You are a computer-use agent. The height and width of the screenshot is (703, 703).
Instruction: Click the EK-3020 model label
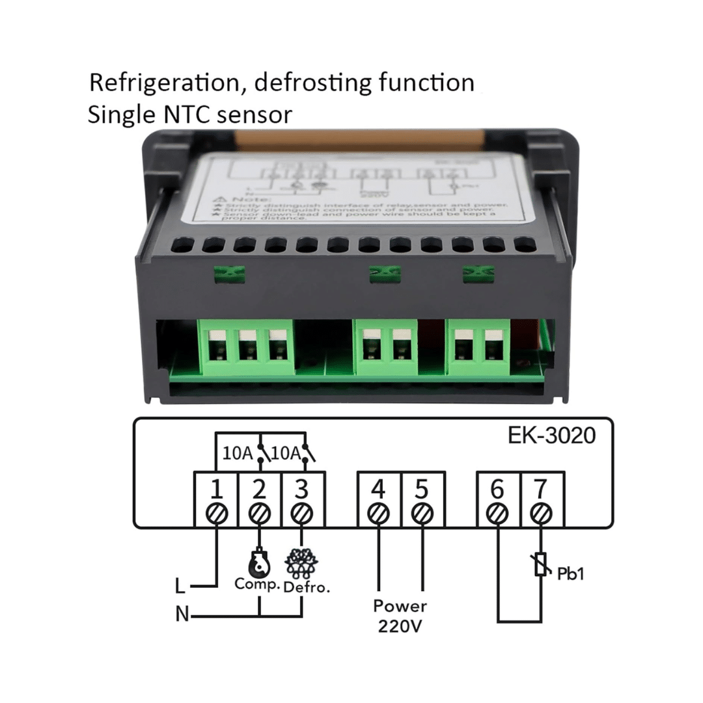pos(551,435)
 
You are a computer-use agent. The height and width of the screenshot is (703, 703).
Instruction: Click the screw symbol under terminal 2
pos(260,514)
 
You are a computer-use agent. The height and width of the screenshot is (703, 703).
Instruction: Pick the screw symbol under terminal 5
pos(422,514)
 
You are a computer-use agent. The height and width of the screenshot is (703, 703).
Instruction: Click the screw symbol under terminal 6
pos(498,514)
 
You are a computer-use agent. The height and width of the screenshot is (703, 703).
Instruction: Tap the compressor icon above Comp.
pos(259,563)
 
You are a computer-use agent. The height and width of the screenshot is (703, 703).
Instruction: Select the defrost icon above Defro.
pos(301,563)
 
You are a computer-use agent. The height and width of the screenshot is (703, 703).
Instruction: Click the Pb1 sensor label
pos(571,573)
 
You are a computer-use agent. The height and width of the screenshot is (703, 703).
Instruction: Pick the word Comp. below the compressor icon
pos(257,584)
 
